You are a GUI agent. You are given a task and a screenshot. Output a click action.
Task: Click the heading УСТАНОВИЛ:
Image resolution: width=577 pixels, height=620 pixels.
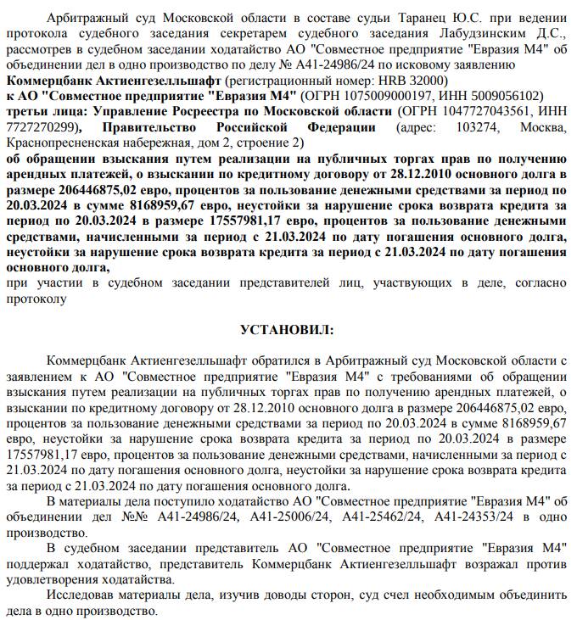point(288,329)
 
